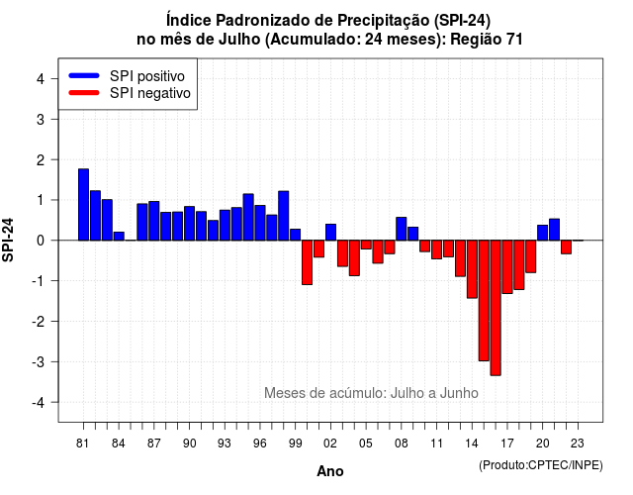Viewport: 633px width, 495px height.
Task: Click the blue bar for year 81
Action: click(83, 205)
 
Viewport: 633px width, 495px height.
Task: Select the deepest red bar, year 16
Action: click(496, 308)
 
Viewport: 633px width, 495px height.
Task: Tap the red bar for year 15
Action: click(484, 301)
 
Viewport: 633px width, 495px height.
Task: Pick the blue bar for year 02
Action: click(330, 233)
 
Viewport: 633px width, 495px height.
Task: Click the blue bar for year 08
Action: click(402, 229)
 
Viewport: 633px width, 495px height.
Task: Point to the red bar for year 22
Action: click(567, 247)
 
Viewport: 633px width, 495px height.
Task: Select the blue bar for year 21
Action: click(554, 230)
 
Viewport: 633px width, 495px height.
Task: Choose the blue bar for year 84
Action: click(119, 236)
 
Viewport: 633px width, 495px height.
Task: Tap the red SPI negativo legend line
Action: click(84, 92)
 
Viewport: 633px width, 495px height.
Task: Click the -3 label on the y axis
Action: click(38, 361)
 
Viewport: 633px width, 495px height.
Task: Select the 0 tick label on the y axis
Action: click(41, 241)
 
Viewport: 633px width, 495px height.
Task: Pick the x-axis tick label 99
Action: click(296, 444)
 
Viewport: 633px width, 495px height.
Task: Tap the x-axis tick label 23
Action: click(578, 444)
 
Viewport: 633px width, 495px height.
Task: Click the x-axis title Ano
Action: click(330, 471)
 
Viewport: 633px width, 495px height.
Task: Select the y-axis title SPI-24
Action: click(8, 240)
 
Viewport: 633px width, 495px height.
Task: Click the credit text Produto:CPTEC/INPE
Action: click(541, 465)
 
